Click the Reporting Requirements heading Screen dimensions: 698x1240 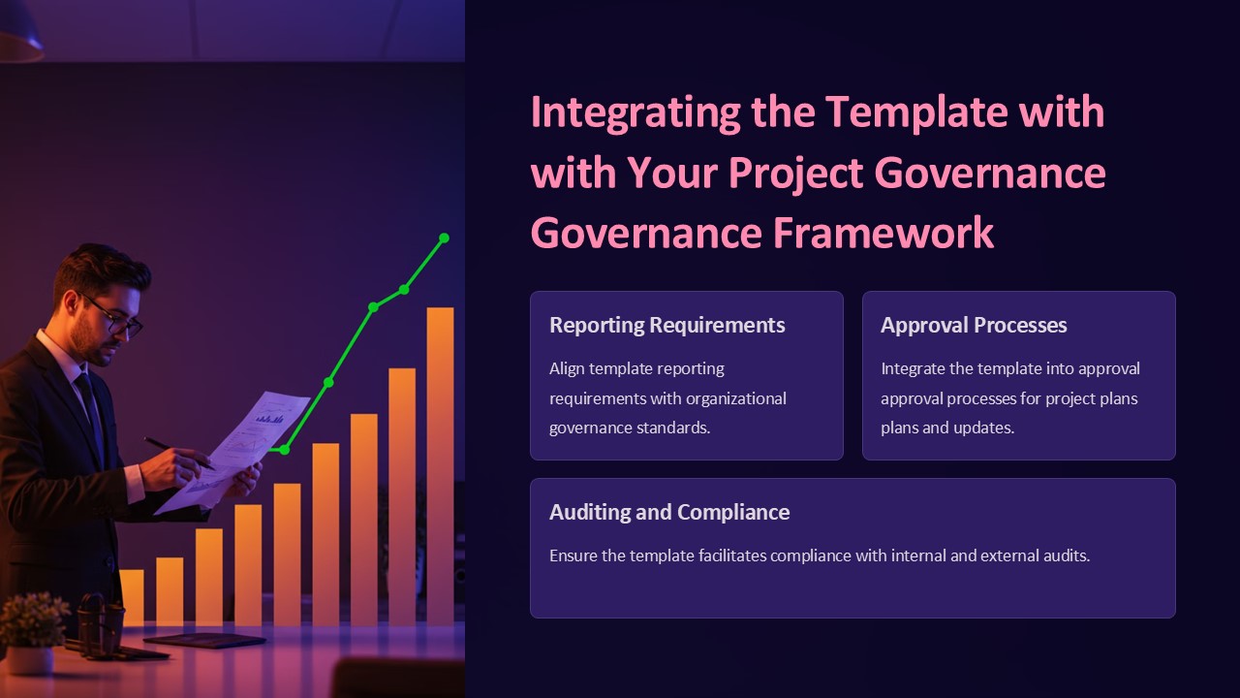tap(666, 325)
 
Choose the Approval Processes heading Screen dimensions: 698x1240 tap(974, 325)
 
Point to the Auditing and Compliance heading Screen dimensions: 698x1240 tap(669, 512)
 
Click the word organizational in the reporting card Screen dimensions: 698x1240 tap(735, 398)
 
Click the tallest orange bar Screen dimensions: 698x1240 tap(440, 465)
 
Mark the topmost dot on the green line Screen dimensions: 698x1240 tap(445, 238)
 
